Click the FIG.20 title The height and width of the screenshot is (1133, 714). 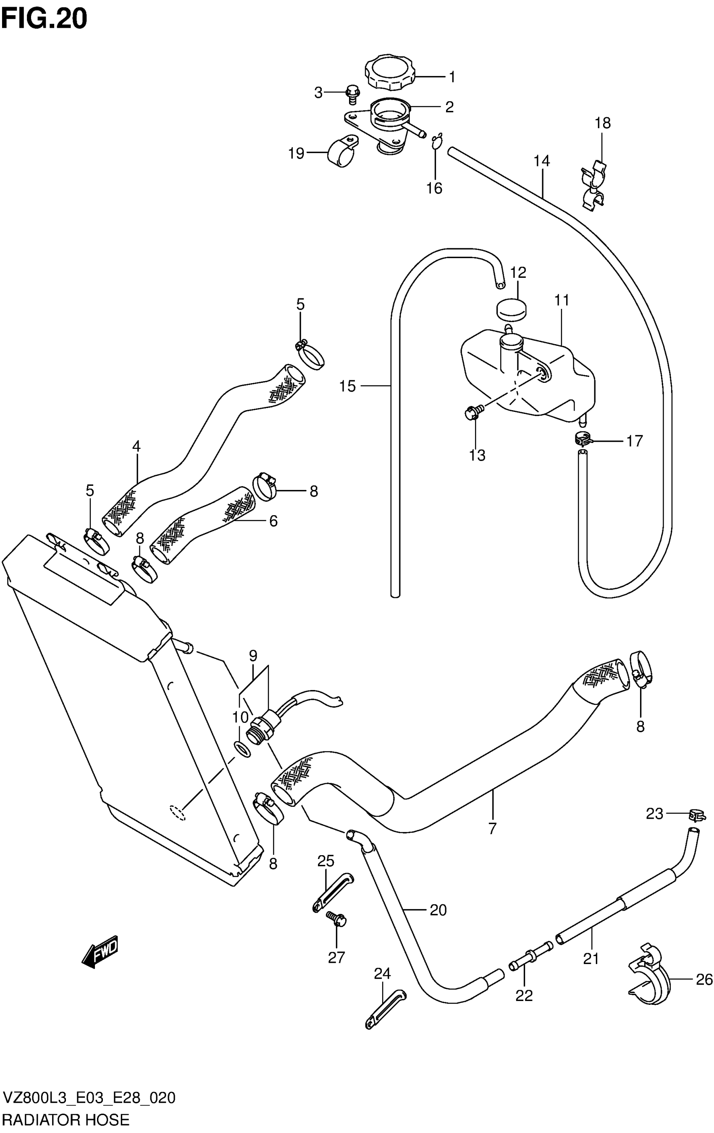point(44,19)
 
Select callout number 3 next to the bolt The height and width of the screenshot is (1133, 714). point(318,93)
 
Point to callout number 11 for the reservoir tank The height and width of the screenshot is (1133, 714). point(562,300)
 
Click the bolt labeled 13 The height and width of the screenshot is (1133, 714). point(471,413)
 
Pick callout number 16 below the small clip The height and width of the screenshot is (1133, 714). point(434,188)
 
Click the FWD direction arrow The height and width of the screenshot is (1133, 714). point(100,949)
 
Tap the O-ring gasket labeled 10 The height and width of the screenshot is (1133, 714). point(242,748)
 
